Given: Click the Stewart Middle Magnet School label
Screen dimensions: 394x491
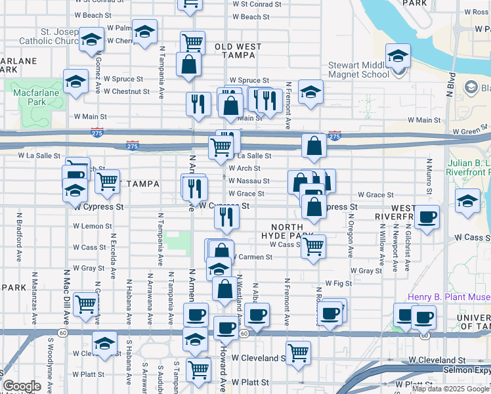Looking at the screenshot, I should coord(358,70).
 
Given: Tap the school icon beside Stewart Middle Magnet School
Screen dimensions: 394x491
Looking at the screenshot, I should coord(398,57).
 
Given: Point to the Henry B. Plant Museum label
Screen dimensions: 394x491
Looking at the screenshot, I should coord(449,297).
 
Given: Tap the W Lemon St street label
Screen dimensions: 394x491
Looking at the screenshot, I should coord(93,226).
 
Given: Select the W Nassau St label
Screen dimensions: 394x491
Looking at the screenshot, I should coord(249,181).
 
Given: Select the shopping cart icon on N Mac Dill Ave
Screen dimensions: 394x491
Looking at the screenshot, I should coord(86,303).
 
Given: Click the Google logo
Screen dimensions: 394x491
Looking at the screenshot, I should coord(22,386).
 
